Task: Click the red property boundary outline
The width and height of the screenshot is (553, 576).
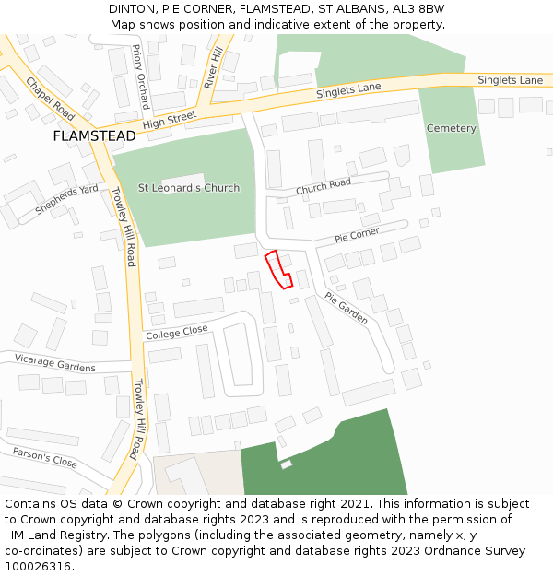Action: (x=278, y=269)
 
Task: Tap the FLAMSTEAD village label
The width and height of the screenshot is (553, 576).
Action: (x=94, y=135)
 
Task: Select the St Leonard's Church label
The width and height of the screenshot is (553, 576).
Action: (x=189, y=188)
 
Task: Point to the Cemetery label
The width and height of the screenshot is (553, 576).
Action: (x=451, y=128)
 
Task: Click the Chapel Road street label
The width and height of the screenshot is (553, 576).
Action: (x=50, y=99)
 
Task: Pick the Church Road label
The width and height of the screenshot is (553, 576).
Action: (x=324, y=186)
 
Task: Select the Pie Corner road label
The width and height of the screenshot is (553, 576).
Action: (x=357, y=237)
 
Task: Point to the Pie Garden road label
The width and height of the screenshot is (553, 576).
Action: (x=346, y=308)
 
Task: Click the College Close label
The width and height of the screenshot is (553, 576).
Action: (x=177, y=332)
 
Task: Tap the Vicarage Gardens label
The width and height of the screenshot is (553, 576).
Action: (x=55, y=362)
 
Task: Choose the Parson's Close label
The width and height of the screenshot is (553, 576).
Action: (x=44, y=457)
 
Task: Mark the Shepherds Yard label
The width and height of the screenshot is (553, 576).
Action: (x=66, y=199)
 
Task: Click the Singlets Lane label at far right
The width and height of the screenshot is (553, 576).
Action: (x=510, y=80)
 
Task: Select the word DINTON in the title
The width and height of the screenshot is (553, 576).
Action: (x=133, y=8)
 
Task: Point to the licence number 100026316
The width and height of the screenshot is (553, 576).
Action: (x=38, y=566)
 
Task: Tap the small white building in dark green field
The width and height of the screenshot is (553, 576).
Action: (x=286, y=464)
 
